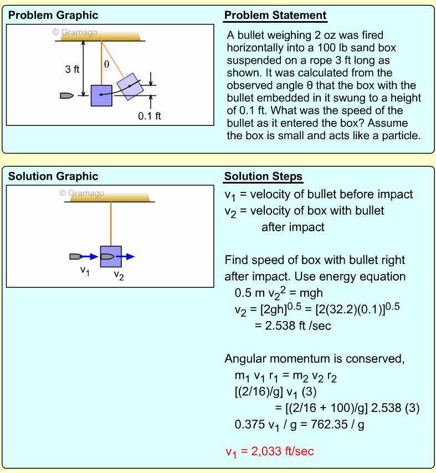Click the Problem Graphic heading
(x=53, y=15)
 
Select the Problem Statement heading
(x=275, y=16)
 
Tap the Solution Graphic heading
(x=53, y=176)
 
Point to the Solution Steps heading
(x=263, y=177)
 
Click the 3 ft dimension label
(x=72, y=69)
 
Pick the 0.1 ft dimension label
(x=150, y=116)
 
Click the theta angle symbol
(x=107, y=64)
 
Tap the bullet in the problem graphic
(x=66, y=95)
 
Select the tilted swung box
(x=130, y=86)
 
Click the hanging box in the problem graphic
(x=101, y=95)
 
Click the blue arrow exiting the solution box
(x=127, y=257)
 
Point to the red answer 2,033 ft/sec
(x=269, y=451)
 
